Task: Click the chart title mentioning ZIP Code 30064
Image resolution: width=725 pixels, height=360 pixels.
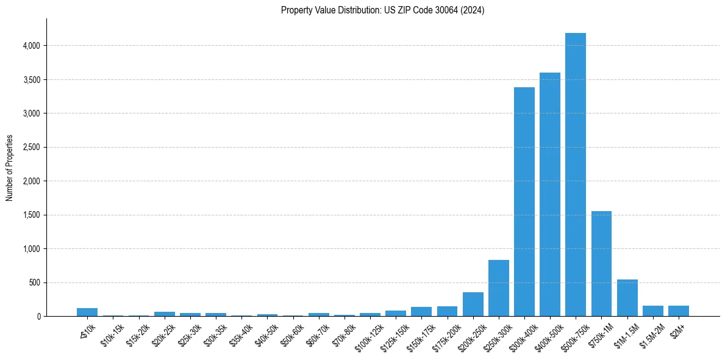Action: [x=382, y=10]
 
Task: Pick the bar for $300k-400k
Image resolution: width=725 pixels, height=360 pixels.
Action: [x=524, y=201]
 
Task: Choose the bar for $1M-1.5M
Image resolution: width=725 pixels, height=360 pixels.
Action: [x=627, y=298]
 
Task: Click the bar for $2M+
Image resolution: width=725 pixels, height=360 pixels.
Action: [x=678, y=311]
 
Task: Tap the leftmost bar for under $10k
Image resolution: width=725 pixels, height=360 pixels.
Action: [x=87, y=312]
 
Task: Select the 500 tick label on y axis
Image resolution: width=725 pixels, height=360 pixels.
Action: [x=33, y=283]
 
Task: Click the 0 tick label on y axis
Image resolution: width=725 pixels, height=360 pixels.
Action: [x=38, y=317]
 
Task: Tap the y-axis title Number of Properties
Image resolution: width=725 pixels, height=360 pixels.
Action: [x=10, y=168]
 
